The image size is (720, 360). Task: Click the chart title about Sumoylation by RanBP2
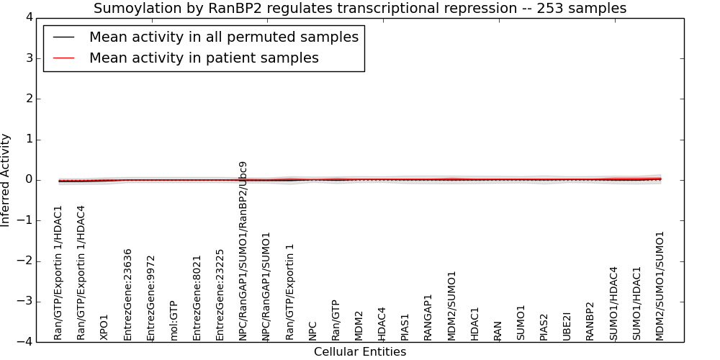(360, 8)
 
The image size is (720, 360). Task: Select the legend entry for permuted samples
(224, 37)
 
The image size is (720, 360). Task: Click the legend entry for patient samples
(204, 58)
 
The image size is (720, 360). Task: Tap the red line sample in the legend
(63, 58)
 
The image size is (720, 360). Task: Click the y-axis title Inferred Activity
(5, 180)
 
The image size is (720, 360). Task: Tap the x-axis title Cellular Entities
(360, 352)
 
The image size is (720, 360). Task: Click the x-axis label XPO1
(104, 328)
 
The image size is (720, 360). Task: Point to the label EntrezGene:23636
(127, 294)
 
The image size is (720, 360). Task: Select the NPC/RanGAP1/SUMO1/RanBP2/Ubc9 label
(243, 251)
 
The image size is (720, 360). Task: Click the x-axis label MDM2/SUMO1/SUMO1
(660, 286)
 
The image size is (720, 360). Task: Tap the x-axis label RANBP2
(590, 321)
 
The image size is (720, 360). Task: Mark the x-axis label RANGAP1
(428, 318)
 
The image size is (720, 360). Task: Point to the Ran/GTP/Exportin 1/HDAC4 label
(81, 273)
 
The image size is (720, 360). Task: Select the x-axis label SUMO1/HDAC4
(613, 304)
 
